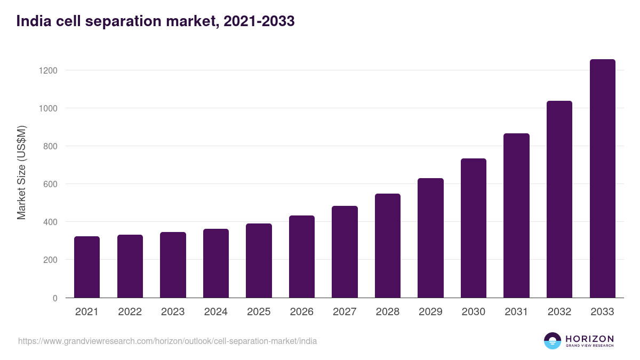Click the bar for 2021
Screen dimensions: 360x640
point(87,267)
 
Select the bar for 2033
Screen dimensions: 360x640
point(602,179)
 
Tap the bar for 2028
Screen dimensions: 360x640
point(388,245)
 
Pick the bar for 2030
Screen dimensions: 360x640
point(474,228)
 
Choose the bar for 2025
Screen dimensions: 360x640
point(259,260)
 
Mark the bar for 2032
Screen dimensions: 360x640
point(559,199)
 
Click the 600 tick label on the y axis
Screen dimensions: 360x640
point(50,184)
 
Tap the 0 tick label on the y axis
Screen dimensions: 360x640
point(55,298)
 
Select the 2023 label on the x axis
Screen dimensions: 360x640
point(173,312)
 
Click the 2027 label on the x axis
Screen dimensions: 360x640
point(345,312)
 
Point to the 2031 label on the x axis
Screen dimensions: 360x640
point(516,312)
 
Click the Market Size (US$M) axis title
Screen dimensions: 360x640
point(21,173)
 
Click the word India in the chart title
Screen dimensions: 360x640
point(31,21)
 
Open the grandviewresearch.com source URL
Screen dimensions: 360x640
point(167,341)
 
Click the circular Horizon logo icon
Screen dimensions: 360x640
point(553,341)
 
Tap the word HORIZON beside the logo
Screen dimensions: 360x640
point(589,338)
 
